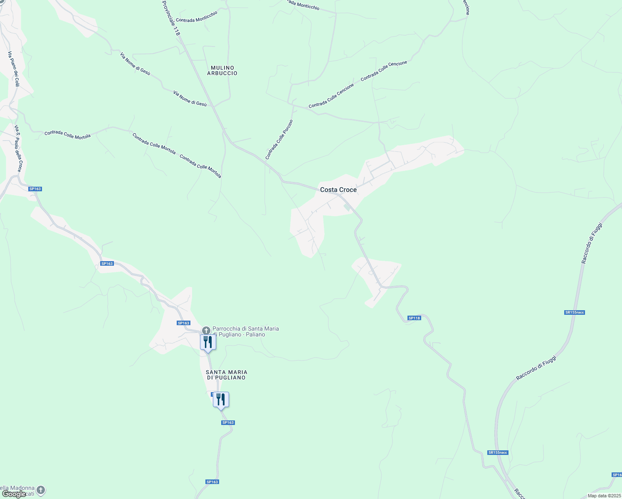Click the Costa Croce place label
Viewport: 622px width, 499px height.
[338, 190]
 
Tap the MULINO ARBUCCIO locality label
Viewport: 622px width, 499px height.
[222, 70]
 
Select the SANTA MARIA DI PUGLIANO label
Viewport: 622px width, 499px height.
[227, 375]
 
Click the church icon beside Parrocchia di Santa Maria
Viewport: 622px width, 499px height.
[206, 331]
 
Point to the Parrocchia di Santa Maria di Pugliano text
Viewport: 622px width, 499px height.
[245, 331]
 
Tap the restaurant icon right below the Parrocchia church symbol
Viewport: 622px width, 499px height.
[208, 342]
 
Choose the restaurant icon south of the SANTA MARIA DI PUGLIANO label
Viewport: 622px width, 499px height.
[221, 400]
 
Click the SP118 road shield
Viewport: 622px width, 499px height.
[414, 318]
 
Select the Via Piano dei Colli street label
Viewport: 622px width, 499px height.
[14, 69]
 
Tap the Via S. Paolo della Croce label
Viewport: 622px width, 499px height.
[18, 148]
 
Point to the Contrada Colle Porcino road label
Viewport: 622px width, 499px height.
[279, 140]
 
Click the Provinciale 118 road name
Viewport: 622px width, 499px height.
[171, 17]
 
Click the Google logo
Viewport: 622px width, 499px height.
[14, 494]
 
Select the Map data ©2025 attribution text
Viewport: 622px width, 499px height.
[604, 496]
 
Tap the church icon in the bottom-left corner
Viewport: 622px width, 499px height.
[41, 490]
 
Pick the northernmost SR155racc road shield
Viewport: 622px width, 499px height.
[575, 312]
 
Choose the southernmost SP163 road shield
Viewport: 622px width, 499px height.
[212, 482]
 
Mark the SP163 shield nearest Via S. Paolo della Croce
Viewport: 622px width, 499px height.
[35, 189]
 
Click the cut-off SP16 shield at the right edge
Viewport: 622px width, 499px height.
[617, 475]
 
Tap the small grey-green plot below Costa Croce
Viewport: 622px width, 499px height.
[347, 207]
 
